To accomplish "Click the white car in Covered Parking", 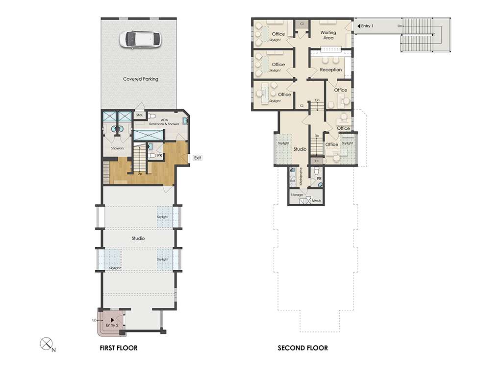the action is point(141,40).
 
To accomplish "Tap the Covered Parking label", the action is point(141,79).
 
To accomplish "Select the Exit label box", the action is point(198,158).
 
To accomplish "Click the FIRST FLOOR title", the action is point(119,348).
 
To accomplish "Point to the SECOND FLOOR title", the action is point(302,348).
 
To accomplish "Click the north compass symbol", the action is point(46,344).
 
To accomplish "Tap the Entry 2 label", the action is point(112,325).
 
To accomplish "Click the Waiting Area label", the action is point(328,35).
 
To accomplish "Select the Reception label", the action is point(331,70).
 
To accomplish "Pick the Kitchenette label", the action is point(301,176).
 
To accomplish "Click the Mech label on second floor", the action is point(316,200).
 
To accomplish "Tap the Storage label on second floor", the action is point(297,195).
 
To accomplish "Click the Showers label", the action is point(117,148).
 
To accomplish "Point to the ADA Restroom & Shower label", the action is point(164,122).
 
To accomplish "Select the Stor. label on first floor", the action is point(140,115).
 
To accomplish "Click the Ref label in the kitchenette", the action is point(293,181).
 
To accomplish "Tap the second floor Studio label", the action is point(300,149).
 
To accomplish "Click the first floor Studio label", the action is point(138,238).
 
